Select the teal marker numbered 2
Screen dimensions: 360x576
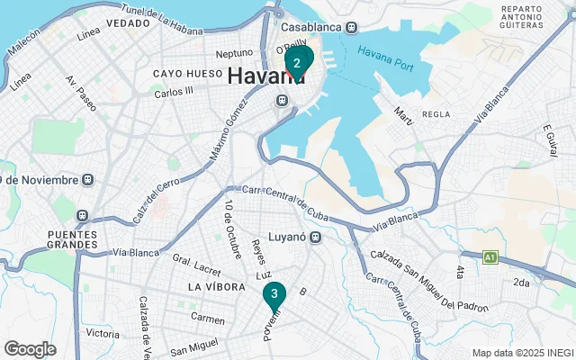[297, 61]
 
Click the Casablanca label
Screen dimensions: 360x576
[311, 27]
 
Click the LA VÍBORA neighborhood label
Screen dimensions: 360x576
[216, 286]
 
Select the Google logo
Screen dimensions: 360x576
[30, 348]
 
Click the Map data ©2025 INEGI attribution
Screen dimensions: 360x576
[522, 352]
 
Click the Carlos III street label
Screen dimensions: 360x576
[173, 92]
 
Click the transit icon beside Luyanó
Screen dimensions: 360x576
[316, 238]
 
